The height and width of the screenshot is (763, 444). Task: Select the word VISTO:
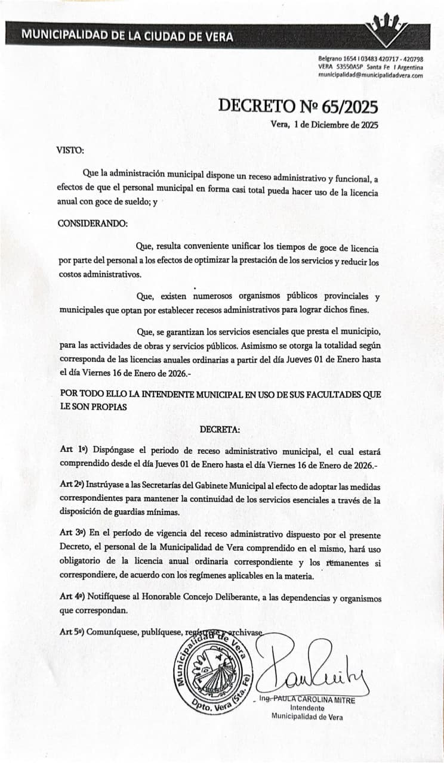click(70, 150)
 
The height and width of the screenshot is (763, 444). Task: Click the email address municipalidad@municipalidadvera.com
click(371, 76)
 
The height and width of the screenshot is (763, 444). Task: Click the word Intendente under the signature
click(307, 708)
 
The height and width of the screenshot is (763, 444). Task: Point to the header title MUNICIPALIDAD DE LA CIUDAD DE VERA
click(127, 35)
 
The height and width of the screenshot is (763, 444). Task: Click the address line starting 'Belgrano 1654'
click(371, 60)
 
